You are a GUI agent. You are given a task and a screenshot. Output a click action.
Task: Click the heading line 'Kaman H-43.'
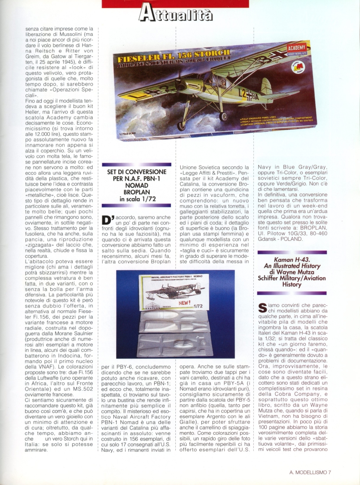[298, 259]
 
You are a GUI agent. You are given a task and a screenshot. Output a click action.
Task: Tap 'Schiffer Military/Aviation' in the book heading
[298, 278]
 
